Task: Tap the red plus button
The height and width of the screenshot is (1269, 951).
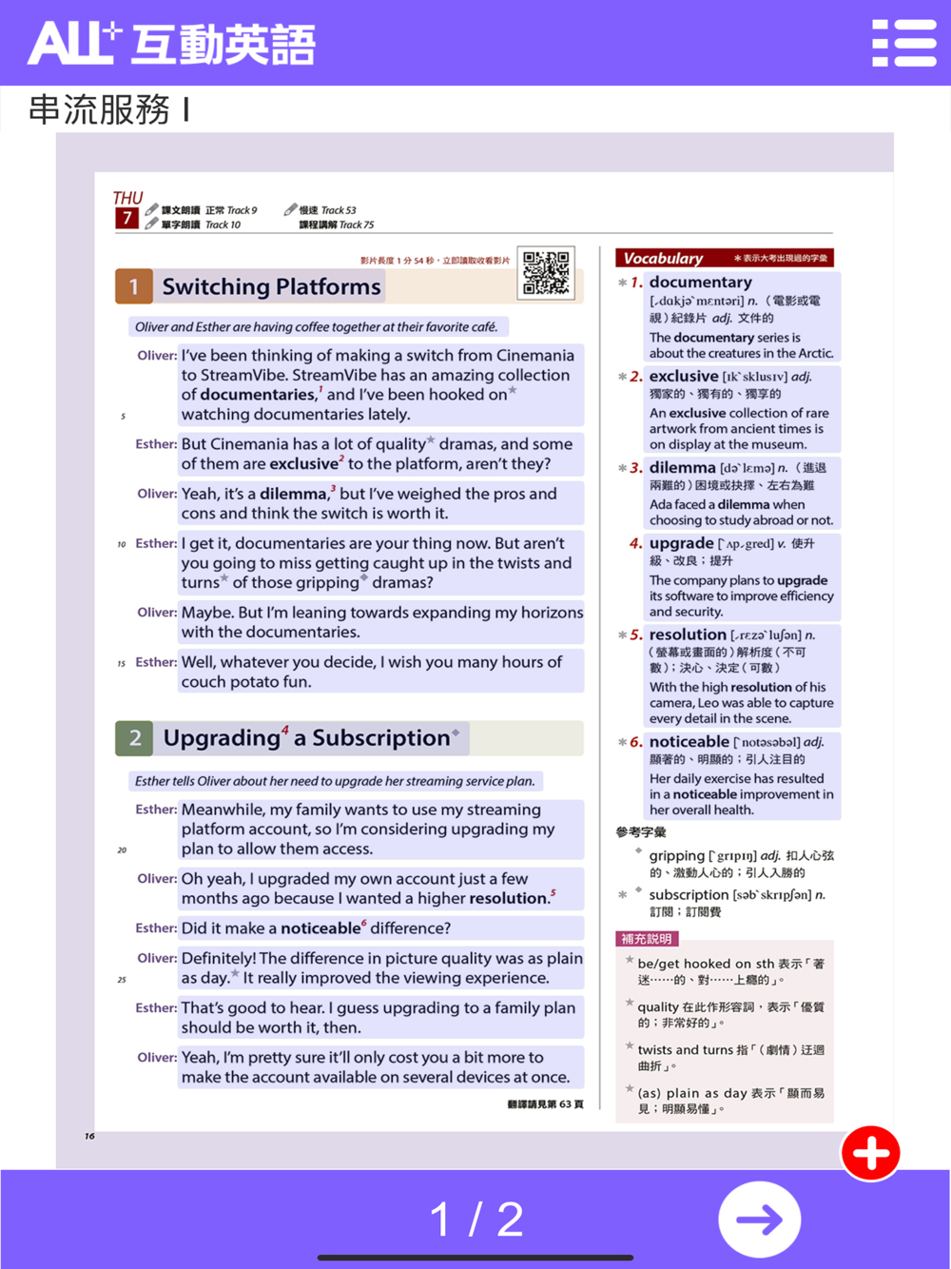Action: pos(870,1153)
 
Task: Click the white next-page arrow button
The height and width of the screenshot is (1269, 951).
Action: pos(759,1220)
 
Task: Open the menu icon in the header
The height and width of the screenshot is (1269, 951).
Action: pos(903,43)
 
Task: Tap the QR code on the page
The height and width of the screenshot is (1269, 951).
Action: pos(547,273)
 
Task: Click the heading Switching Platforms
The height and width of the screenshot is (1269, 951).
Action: pos(271,286)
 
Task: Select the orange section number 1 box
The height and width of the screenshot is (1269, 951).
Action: pos(134,286)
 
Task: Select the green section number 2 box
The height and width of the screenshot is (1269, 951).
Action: pos(134,738)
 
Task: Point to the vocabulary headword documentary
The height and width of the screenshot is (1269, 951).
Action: pos(700,282)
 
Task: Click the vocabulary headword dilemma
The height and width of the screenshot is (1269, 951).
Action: pos(682,467)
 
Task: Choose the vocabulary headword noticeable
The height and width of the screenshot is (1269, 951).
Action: pos(689,741)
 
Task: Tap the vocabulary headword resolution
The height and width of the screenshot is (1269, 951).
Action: pos(687,634)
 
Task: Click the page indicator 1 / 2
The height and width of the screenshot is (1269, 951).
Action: pos(475,1220)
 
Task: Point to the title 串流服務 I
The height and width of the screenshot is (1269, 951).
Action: pos(109,109)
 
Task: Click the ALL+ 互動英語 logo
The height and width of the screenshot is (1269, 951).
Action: pos(171,44)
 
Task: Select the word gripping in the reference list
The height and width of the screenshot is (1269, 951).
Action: pos(676,855)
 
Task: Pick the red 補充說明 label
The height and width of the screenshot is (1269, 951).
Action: pos(647,939)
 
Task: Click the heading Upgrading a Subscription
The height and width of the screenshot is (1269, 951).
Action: pos(306,738)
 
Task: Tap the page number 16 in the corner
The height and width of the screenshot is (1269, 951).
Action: pos(89,1136)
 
